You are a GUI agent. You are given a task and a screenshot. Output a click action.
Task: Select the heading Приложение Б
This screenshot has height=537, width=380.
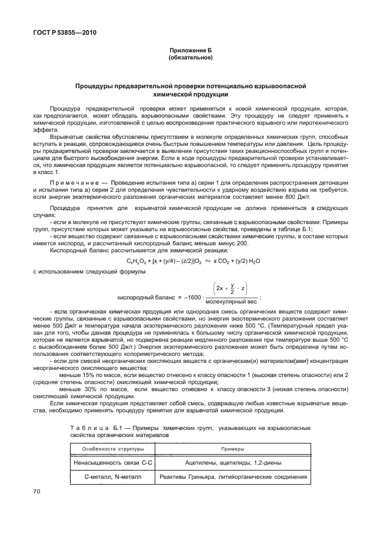pos(190,52)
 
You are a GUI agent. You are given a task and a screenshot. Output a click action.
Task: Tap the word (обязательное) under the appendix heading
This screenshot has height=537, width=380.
pos(190,58)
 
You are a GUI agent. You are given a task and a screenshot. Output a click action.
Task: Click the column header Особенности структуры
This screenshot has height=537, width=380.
pos(109,449)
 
